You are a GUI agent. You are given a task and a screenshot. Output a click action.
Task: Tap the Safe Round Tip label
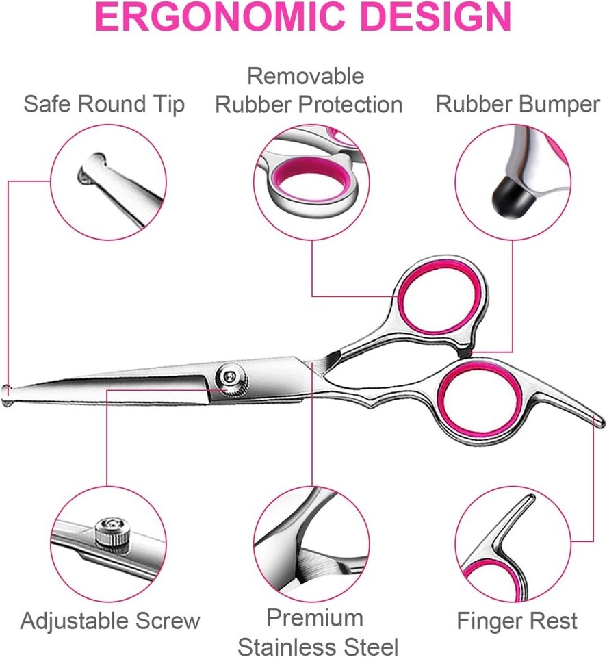[x=104, y=104]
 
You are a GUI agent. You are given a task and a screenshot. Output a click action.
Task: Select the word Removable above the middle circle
[x=305, y=76]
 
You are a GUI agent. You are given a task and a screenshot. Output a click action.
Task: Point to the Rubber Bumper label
[x=518, y=104]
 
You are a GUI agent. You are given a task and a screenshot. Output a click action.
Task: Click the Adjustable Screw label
[x=110, y=621]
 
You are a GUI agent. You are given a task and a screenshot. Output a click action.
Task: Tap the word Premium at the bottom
[x=315, y=617]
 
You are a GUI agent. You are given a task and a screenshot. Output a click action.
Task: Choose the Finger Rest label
[x=517, y=621]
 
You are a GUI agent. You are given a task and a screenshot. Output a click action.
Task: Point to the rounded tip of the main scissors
[x=7, y=394]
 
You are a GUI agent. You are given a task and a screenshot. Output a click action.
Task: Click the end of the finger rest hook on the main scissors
[x=601, y=421]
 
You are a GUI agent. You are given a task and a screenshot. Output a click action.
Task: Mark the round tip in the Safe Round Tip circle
[x=91, y=169]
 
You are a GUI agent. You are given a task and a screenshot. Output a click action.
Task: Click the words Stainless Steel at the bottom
[x=318, y=646]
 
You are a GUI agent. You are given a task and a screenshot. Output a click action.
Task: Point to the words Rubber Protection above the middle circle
[x=309, y=104]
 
